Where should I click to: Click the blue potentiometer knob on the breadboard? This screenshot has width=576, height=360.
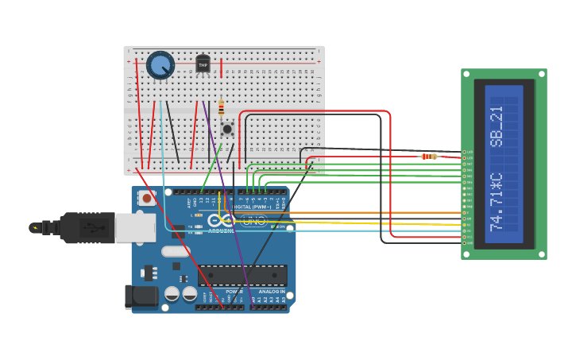coord(160,65)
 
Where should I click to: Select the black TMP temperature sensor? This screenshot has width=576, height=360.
coord(203,64)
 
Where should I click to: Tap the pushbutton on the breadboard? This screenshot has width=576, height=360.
coord(227,128)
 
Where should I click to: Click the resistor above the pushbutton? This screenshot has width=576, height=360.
coord(221,107)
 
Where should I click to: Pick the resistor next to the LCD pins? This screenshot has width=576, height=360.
coord(428,157)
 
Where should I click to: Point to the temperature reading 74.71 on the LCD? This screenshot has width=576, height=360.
coord(497,202)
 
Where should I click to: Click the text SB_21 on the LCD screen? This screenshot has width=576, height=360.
coord(497,126)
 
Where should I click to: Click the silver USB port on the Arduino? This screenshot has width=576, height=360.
coord(134,227)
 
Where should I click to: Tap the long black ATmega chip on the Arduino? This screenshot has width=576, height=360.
coord(242,276)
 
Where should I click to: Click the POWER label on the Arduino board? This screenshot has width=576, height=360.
coord(234,291)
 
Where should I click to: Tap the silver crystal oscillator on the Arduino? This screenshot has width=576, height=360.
coord(176,252)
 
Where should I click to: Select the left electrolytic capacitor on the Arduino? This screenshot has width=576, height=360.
coord(172,293)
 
